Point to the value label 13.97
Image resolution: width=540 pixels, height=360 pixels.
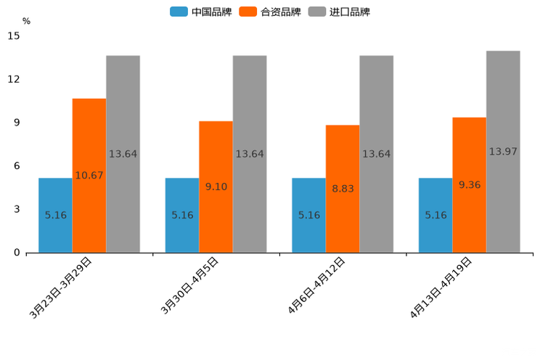[x=503, y=152]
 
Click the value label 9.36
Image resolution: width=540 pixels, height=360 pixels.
[x=470, y=185]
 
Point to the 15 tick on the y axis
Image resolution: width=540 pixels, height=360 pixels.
[x=14, y=36]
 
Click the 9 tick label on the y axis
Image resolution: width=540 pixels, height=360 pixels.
[x=17, y=123]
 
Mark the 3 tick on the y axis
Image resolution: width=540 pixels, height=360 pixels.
[x=17, y=209]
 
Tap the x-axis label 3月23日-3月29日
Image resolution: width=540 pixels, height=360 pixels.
[x=61, y=287]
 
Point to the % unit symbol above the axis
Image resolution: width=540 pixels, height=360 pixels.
[x=26, y=21]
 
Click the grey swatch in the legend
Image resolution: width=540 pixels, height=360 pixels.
[x=317, y=12]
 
